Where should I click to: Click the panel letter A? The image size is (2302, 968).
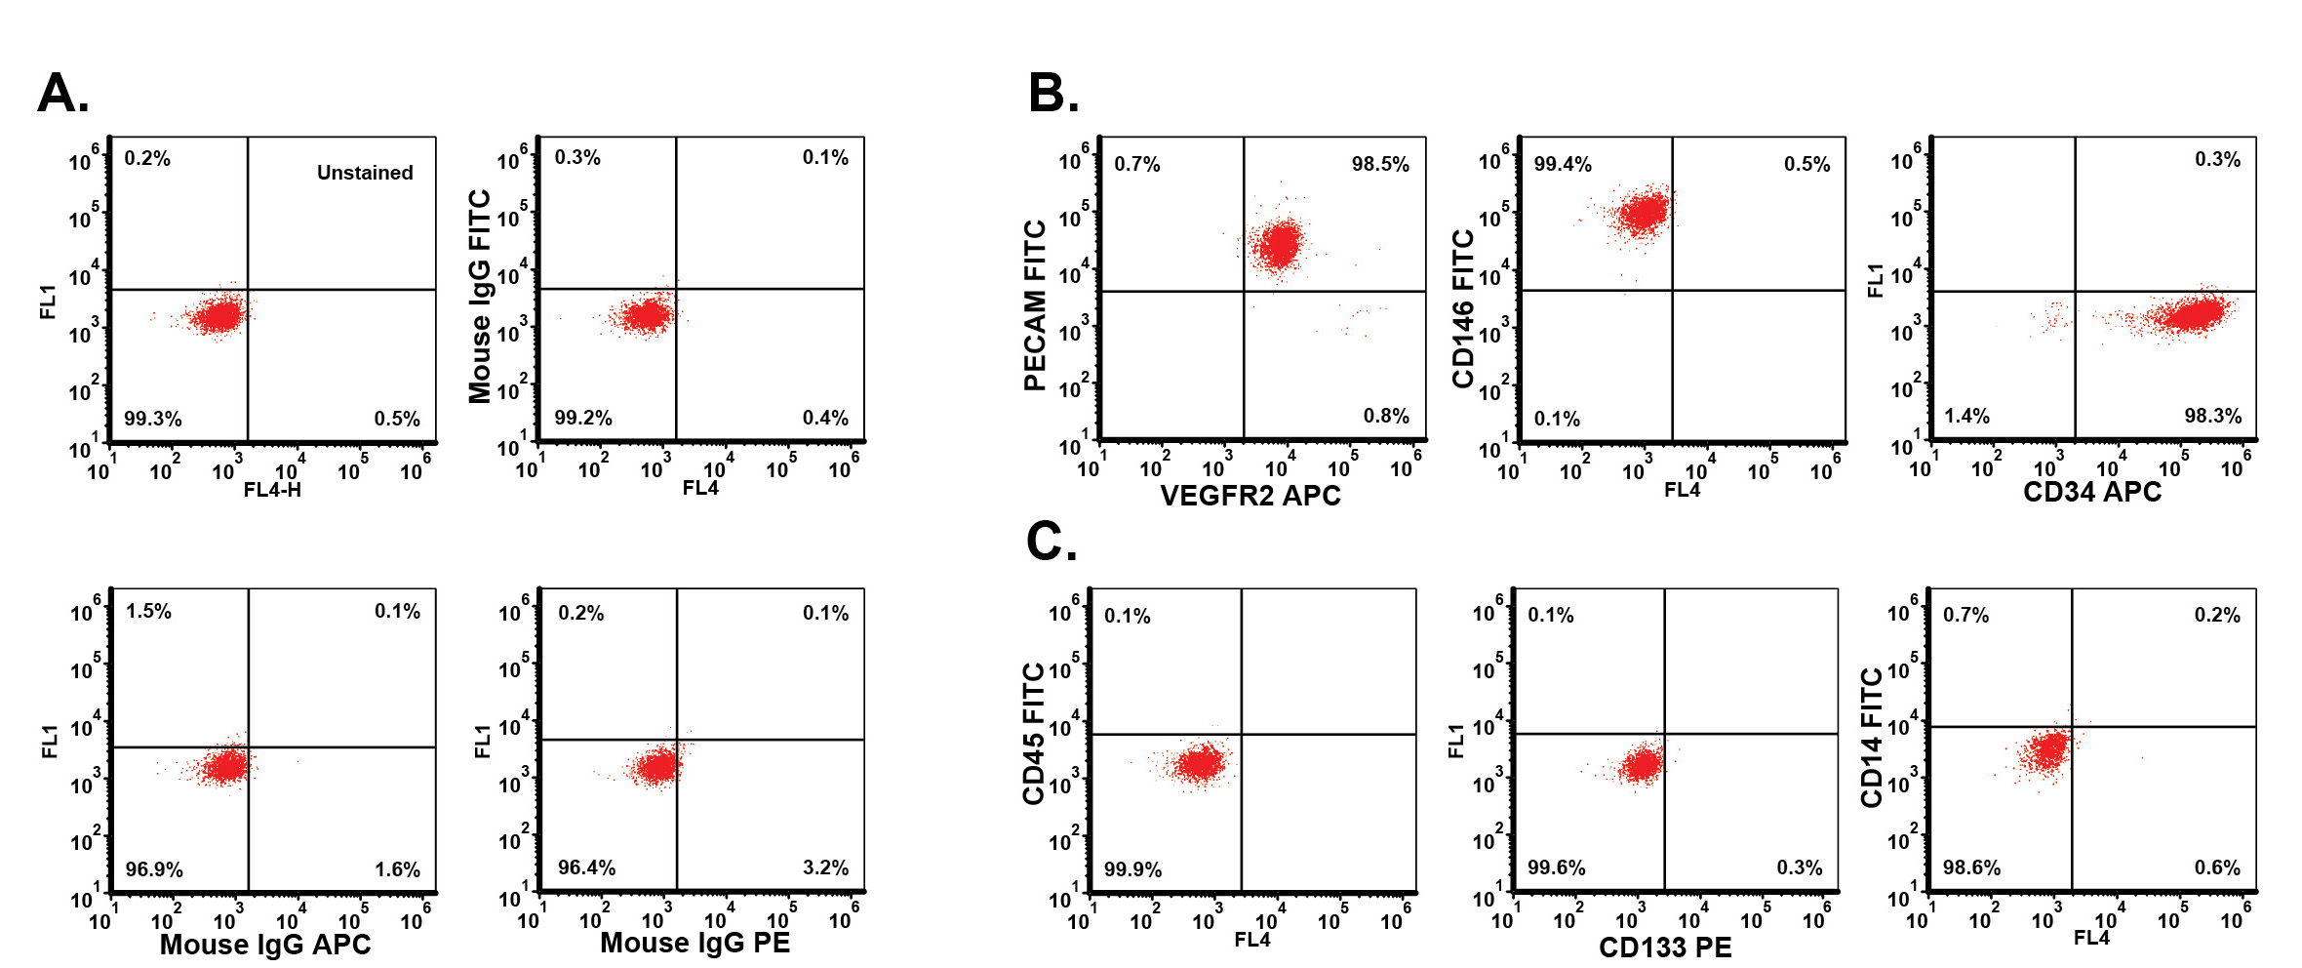click(x=63, y=95)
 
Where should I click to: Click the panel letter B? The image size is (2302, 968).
click(x=1053, y=95)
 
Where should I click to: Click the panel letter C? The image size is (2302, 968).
click(x=1052, y=542)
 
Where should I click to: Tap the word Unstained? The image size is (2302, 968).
click(x=365, y=173)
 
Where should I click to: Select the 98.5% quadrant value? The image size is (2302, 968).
click(x=1380, y=164)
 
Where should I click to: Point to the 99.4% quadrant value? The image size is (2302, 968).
click(x=1563, y=164)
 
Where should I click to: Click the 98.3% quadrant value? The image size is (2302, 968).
click(x=2212, y=416)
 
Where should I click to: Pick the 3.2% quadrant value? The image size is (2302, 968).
click(x=825, y=867)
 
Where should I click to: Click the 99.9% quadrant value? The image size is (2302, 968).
click(x=1132, y=869)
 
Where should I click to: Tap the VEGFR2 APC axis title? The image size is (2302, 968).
click(x=1250, y=496)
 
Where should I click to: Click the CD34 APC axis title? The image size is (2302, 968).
click(x=2092, y=492)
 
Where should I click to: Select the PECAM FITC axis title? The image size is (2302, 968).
click(x=1035, y=305)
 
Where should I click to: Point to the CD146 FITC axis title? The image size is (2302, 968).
click(x=1463, y=309)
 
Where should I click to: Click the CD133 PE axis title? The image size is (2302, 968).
click(x=1665, y=948)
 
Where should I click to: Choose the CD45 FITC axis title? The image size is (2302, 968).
click(x=1034, y=734)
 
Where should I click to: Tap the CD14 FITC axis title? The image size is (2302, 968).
click(x=1872, y=738)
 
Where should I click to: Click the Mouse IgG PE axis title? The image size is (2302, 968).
click(x=695, y=943)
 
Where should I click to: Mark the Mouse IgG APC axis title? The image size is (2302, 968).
click(x=265, y=945)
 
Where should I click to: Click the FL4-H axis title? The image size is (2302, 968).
click(x=272, y=490)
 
